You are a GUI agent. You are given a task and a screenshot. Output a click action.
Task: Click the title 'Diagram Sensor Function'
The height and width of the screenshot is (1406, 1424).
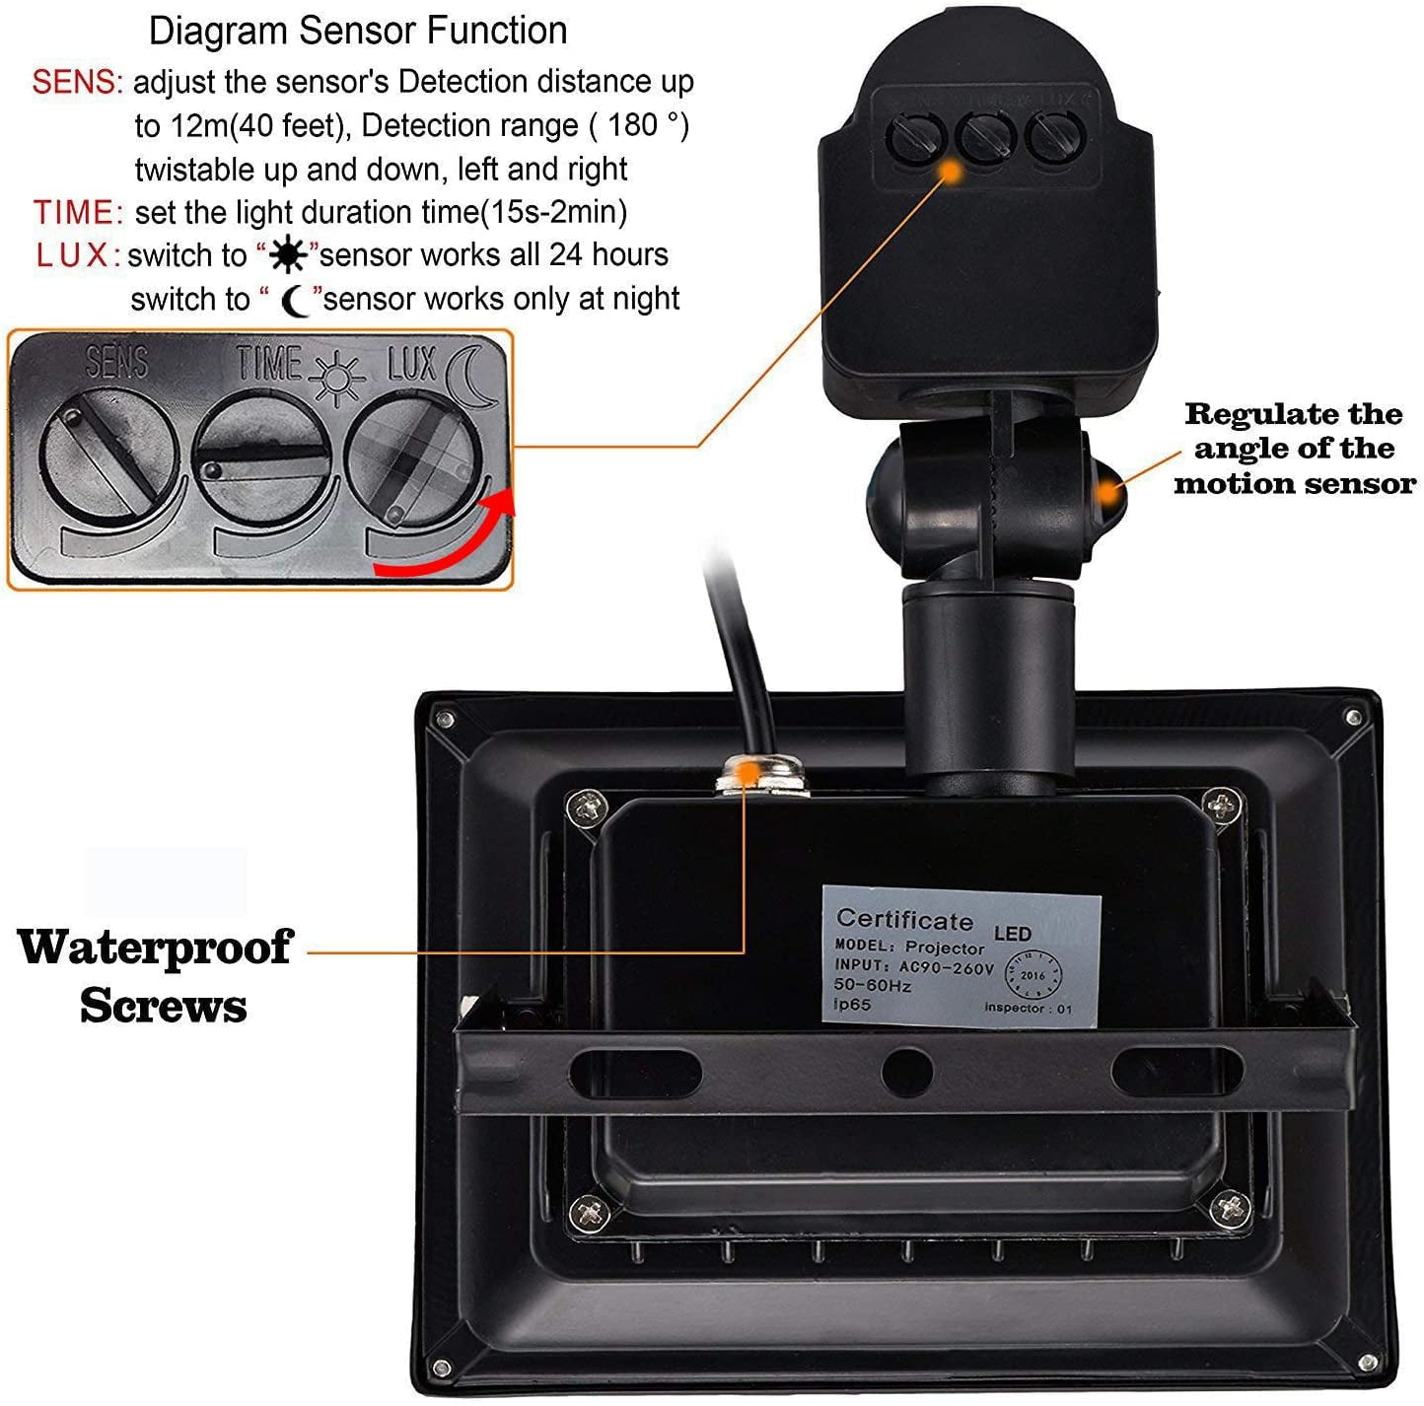[358, 32]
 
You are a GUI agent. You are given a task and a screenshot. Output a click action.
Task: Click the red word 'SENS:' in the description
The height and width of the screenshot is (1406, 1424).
[77, 82]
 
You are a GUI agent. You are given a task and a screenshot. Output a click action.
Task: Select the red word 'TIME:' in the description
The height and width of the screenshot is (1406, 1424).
[78, 212]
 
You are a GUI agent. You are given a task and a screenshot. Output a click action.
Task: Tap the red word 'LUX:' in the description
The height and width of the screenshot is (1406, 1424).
[78, 255]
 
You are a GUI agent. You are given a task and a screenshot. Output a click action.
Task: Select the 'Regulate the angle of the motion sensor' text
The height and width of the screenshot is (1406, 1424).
[1294, 449]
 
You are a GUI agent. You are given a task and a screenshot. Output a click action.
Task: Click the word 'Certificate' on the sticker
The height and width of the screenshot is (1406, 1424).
[903, 919]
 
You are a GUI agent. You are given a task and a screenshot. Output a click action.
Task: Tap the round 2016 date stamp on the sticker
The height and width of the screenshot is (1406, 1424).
[1032, 975]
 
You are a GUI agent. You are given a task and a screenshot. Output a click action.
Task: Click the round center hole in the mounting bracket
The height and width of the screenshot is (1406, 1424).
[906, 1071]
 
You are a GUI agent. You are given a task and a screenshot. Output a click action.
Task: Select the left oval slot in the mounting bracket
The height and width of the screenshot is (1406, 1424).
[635, 1071]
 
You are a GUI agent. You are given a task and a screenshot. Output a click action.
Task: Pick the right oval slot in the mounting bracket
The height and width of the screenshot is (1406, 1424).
[1175, 1071]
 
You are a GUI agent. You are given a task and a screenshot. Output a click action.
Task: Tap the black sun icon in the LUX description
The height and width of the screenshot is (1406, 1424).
[288, 256]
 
